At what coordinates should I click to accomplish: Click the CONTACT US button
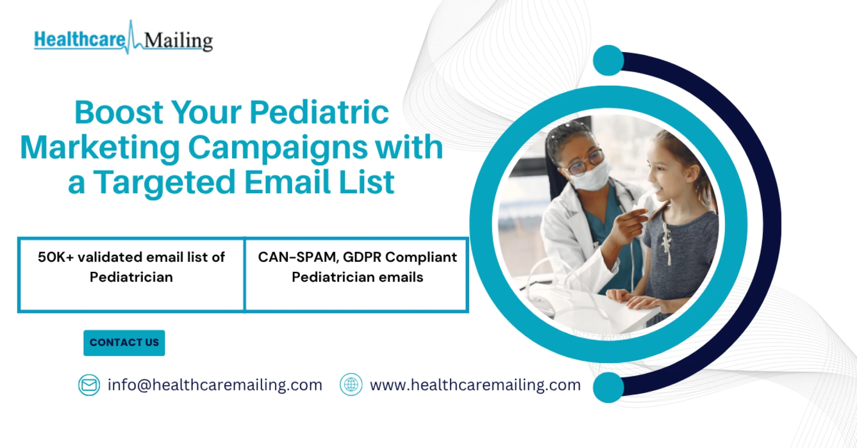(x=124, y=343)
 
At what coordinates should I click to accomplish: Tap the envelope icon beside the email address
(x=89, y=385)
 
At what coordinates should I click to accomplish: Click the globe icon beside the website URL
(x=351, y=385)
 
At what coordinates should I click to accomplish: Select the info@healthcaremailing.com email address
(x=215, y=385)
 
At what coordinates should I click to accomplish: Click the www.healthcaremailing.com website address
(x=475, y=385)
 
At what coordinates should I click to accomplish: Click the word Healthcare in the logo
(x=80, y=39)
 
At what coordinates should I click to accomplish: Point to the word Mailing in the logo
(x=179, y=41)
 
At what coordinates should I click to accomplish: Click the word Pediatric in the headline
(x=319, y=112)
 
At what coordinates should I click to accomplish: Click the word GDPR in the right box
(x=362, y=257)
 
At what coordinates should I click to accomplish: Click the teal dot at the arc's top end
(x=608, y=60)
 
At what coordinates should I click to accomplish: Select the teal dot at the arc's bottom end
(x=608, y=387)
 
